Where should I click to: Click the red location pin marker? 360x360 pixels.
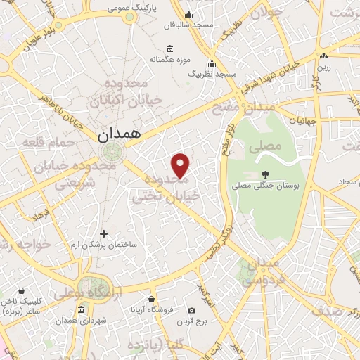click(181, 165)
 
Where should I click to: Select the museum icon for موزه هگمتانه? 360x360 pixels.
click(170, 48)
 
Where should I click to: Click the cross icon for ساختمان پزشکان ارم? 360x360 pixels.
click(104, 233)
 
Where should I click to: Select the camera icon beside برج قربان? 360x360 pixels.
click(192, 310)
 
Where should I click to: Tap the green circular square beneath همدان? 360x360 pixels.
click(110, 151)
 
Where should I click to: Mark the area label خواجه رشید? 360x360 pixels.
click(22, 244)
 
